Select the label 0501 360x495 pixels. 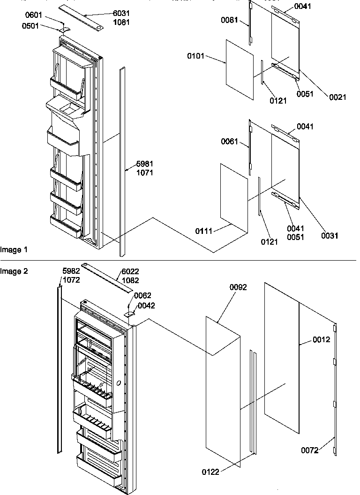click(x=30, y=26)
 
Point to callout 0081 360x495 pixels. click(x=230, y=21)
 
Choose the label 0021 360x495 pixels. click(x=337, y=97)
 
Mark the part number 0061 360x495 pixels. click(x=230, y=141)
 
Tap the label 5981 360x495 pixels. click(x=145, y=164)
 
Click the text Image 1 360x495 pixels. click(x=14, y=250)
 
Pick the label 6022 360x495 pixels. click(x=130, y=272)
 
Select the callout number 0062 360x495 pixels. click(x=142, y=296)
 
